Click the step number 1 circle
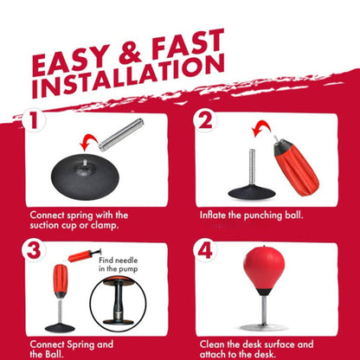point(34,120)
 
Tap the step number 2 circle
point(205,120)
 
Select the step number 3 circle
point(34,250)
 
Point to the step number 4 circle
point(205,250)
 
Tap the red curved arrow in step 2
point(260,127)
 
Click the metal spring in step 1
point(121,134)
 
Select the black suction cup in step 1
point(85,177)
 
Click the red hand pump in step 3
point(84,255)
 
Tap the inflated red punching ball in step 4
point(264,270)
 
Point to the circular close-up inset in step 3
point(119,304)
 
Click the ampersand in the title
point(131,54)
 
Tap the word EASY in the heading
point(71,61)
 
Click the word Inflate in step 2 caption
point(212,215)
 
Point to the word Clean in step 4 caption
point(212,344)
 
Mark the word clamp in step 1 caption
point(105,225)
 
